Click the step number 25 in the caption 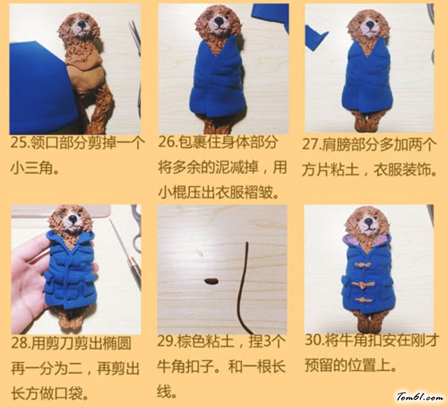coord(19,142)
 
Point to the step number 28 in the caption coord(19,343)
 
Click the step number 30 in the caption coord(314,340)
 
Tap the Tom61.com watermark coord(420,397)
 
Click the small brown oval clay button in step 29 coord(211,281)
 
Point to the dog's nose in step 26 coord(220,21)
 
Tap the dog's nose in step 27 coord(371,24)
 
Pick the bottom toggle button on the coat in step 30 coord(362,300)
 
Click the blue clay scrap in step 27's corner coord(316,38)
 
